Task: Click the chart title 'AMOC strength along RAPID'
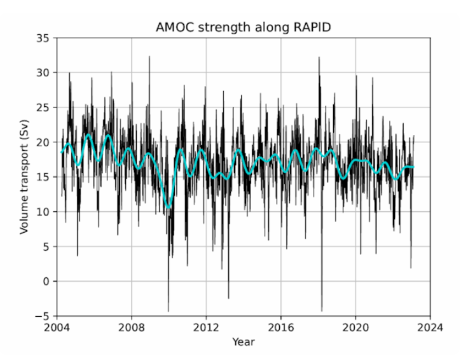[x=243, y=28]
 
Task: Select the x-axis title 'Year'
[x=243, y=342]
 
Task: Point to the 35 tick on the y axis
[x=43, y=38]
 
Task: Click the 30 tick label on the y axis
[x=43, y=73]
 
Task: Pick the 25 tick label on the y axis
[x=43, y=107]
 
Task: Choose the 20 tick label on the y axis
[x=43, y=142]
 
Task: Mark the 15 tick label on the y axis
[x=43, y=177]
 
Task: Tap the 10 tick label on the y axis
[x=43, y=212]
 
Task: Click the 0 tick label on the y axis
[x=46, y=281]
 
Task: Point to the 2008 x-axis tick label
[x=132, y=328]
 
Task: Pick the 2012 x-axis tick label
[x=206, y=328]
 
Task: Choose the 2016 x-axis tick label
[x=281, y=328]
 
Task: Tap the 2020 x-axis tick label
[x=355, y=328]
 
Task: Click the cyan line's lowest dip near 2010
[x=169, y=207]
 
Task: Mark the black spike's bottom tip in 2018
[x=322, y=311]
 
